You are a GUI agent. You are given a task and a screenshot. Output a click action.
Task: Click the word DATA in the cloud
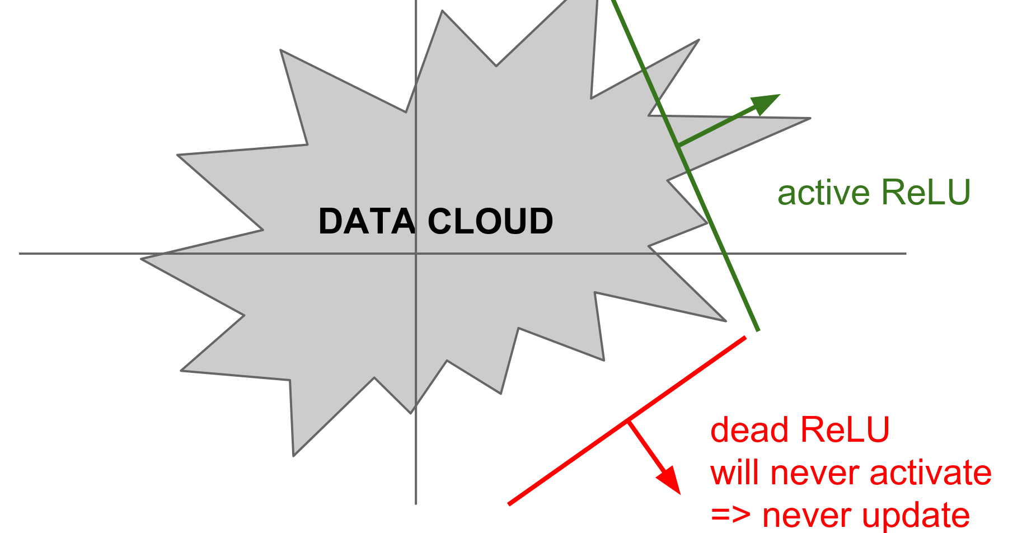pyautogui.click(x=367, y=221)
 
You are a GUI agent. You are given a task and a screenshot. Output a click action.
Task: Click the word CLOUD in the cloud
pyautogui.click(x=490, y=221)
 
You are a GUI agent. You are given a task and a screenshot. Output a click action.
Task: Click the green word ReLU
pyautogui.click(x=926, y=193)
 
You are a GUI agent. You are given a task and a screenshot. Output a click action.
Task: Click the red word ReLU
pyautogui.click(x=845, y=430)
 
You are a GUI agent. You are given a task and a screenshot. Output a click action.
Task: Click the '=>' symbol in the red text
pyautogui.click(x=730, y=515)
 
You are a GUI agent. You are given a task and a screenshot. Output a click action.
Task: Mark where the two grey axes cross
pyautogui.click(x=416, y=254)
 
